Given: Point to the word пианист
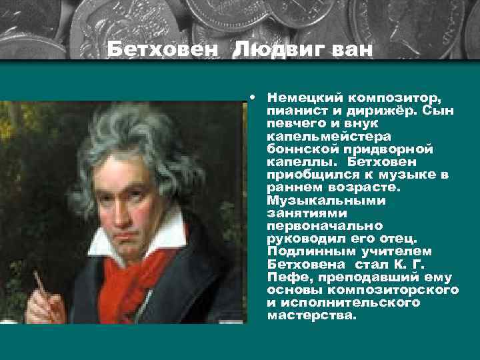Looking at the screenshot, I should (x=293, y=110).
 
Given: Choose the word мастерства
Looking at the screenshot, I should (x=311, y=315).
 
